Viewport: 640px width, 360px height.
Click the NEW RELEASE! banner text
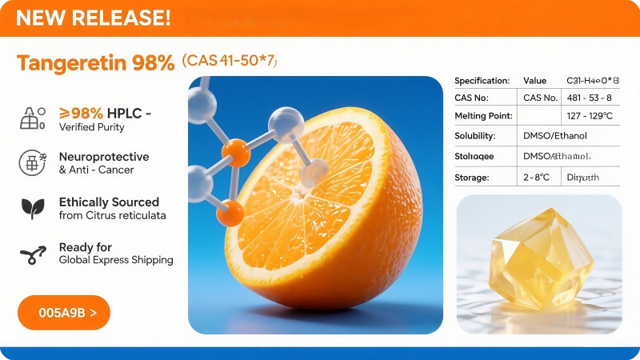(x=93, y=18)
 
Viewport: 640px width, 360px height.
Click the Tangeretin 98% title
(x=95, y=63)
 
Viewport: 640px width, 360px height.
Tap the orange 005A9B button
(x=63, y=313)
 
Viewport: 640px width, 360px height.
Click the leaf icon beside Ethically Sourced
(x=32, y=208)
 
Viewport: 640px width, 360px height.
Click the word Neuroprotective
(x=104, y=157)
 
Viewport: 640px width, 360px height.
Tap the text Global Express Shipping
(x=116, y=260)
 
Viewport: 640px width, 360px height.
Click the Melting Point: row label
(x=482, y=116)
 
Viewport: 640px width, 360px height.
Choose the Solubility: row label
(x=475, y=136)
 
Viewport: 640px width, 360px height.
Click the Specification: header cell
(x=482, y=81)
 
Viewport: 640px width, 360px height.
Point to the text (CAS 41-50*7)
(x=230, y=61)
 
